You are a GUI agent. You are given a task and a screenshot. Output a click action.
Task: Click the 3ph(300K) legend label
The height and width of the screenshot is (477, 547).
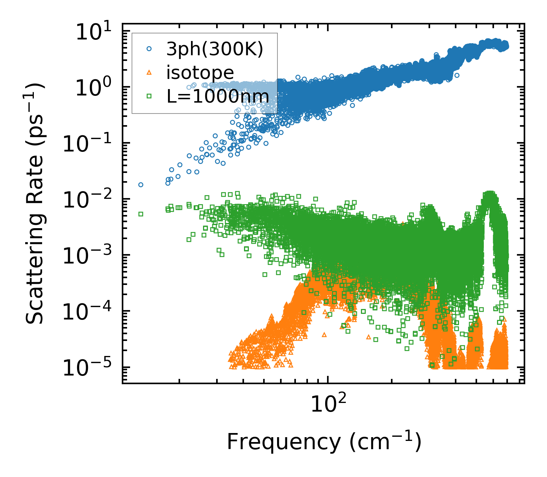tap(215, 49)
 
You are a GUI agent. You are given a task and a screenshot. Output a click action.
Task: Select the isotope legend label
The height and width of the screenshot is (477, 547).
tap(200, 73)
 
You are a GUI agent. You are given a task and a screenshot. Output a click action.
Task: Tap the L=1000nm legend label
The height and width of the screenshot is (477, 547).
tap(218, 96)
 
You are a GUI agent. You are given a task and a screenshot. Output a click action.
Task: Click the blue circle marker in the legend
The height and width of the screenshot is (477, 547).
tap(149, 49)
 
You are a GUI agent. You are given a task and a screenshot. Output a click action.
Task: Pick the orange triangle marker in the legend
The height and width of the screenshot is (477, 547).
tap(149, 73)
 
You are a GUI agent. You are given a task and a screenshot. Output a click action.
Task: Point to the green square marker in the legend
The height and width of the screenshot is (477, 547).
tap(149, 96)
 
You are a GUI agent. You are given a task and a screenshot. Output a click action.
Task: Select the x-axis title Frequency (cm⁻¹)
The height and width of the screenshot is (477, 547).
tap(324, 442)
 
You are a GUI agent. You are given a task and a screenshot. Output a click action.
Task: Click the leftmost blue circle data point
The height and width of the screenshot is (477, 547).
tap(141, 185)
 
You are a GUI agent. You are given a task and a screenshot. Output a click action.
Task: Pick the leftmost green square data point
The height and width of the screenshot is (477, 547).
tap(141, 214)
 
